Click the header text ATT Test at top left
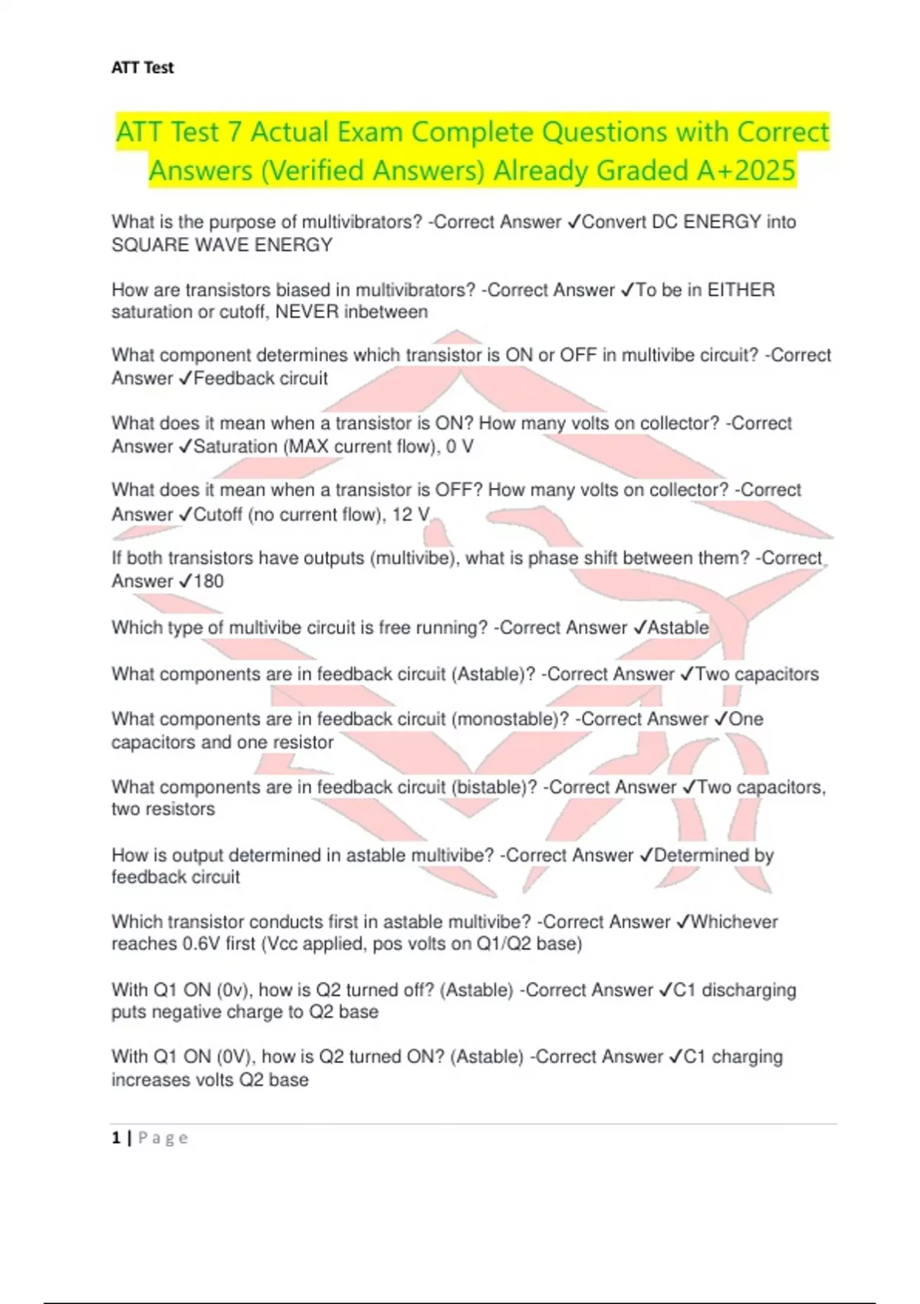coord(143,68)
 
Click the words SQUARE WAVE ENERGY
coord(222,245)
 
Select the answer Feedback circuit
coord(261,378)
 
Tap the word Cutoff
coord(218,514)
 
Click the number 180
coord(209,581)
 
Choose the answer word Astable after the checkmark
coord(678,627)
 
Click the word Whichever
coord(734,921)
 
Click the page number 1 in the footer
coord(116,1138)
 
